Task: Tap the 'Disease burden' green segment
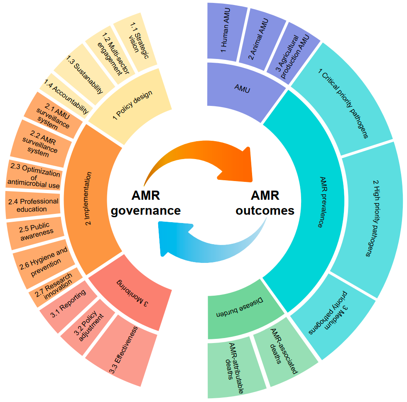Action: pyautogui.click(x=235, y=311)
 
